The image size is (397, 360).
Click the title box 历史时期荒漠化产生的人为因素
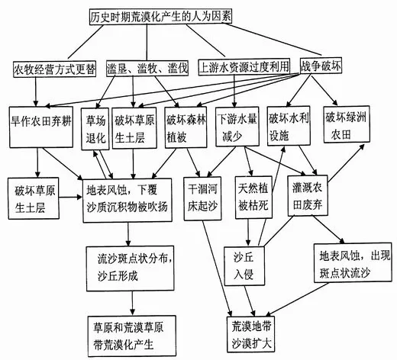tap(161, 17)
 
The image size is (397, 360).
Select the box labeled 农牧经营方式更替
tap(55, 69)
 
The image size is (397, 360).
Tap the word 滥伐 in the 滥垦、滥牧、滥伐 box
tap(178, 68)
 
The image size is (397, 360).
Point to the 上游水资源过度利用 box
tap(244, 67)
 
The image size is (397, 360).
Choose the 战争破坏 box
tap(321, 66)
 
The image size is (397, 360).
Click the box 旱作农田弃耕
tap(41, 127)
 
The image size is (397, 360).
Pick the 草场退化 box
tap(95, 129)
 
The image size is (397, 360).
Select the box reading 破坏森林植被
tap(186, 127)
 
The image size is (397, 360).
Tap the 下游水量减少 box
tap(237, 127)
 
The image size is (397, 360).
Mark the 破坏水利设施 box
tap(289, 126)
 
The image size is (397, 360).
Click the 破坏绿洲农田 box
tap(347, 124)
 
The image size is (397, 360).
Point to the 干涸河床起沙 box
tap(202, 198)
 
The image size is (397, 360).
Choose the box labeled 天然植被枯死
tap(253, 198)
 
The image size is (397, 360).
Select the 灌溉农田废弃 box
tap(308, 195)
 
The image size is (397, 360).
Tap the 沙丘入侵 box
tap(244, 266)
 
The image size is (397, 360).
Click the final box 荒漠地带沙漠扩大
tap(251, 334)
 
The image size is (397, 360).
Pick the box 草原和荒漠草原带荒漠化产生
tap(132, 336)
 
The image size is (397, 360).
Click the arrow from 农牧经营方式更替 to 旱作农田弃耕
tap(36, 92)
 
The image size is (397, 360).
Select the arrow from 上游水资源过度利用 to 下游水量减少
tap(234, 91)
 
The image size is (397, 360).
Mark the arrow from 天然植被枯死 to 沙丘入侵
tap(248, 232)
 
